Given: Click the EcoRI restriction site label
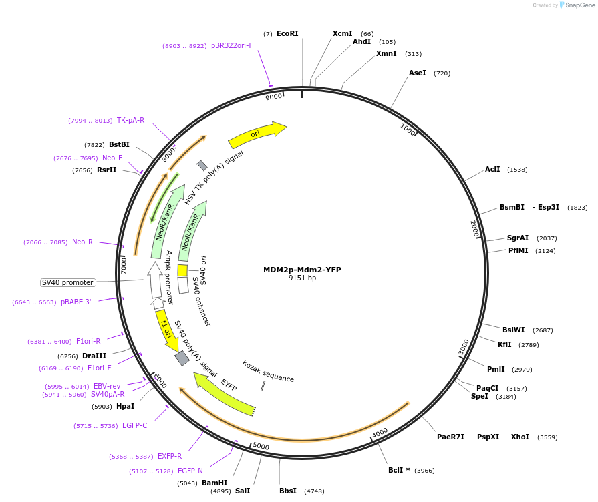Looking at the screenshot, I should pos(287,33).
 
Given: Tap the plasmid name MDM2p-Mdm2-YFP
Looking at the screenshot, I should pos(302,270).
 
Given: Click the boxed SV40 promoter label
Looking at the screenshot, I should pos(67,282).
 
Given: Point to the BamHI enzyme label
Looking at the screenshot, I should pos(214,483).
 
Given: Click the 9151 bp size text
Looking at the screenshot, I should pos(302,278).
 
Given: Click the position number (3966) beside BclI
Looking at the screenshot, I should pos(424,470).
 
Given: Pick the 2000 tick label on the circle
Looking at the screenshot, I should pos(474,228).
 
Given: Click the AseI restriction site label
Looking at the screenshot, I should pos(417,73).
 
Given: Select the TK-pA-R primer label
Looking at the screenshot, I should pos(130,120).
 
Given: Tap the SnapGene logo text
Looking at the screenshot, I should pos(580,5).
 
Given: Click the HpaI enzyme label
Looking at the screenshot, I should pos(125,406).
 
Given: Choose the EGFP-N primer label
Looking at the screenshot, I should pos(190,471).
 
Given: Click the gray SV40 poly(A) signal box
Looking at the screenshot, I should pos(181,358).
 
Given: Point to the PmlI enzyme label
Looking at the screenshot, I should pos(496,369).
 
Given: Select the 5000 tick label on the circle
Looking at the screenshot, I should pos(261,446).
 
